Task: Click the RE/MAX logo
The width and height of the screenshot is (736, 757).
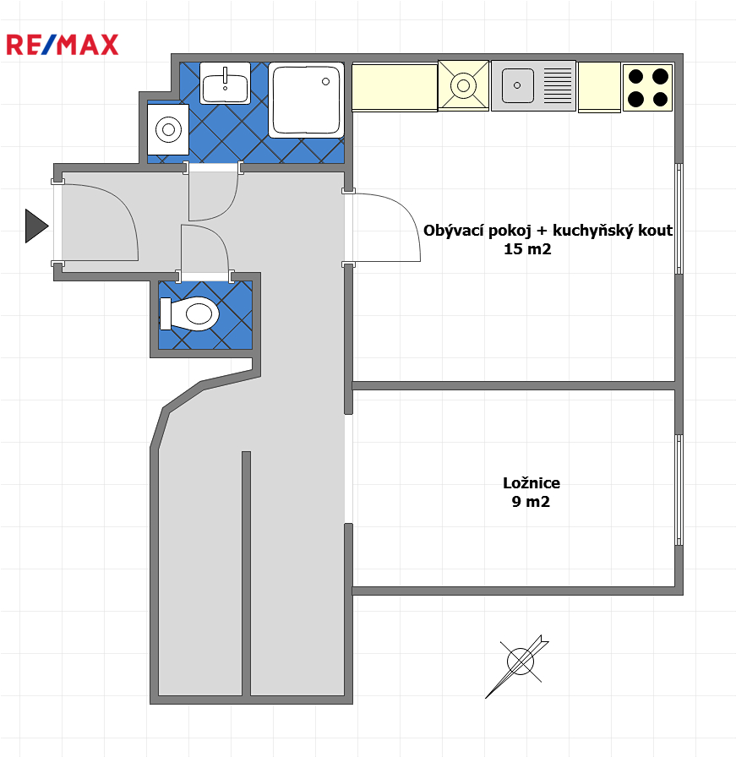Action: pyautogui.click(x=63, y=45)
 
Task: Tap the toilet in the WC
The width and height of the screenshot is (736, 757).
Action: pyautogui.click(x=189, y=313)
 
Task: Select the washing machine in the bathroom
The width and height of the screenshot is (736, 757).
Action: pyautogui.click(x=168, y=129)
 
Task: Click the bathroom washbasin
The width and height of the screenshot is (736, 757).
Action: pyautogui.click(x=225, y=83)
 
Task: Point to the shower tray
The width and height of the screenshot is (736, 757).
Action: pyautogui.click(x=306, y=100)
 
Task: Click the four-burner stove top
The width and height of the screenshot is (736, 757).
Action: pyautogui.click(x=647, y=88)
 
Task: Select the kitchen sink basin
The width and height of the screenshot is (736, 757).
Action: pyautogui.click(x=518, y=85)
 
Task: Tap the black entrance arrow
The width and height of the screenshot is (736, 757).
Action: pyautogui.click(x=36, y=226)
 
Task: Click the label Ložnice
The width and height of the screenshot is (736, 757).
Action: pyautogui.click(x=532, y=482)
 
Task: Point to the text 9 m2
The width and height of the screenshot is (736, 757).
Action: pyautogui.click(x=531, y=502)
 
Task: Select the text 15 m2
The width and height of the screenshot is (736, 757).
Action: pyautogui.click(x=527, y=249)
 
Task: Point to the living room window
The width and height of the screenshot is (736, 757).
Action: pyautogui.click(x=679, y=219)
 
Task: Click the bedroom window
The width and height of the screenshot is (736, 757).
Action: pyautogui.click(x=679, y=490)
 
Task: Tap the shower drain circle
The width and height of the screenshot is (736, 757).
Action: pyautogui.click(x=326, y=82)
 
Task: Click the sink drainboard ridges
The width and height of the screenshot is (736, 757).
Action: pyautogui.click(x=558, y=85)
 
